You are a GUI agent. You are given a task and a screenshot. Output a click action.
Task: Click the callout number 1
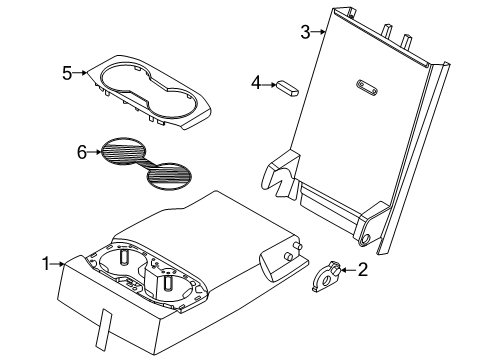(46, 263)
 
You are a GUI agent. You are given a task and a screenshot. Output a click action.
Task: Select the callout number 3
(306, 32)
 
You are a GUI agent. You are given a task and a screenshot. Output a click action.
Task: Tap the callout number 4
(256, 84)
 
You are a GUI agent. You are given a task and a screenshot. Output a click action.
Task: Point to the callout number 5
(67, 72)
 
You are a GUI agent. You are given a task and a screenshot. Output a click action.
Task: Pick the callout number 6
(82, 152)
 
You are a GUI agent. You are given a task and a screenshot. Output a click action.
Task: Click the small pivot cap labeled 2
(326, 276)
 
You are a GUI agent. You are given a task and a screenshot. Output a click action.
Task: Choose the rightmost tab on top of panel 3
(407, 41)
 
